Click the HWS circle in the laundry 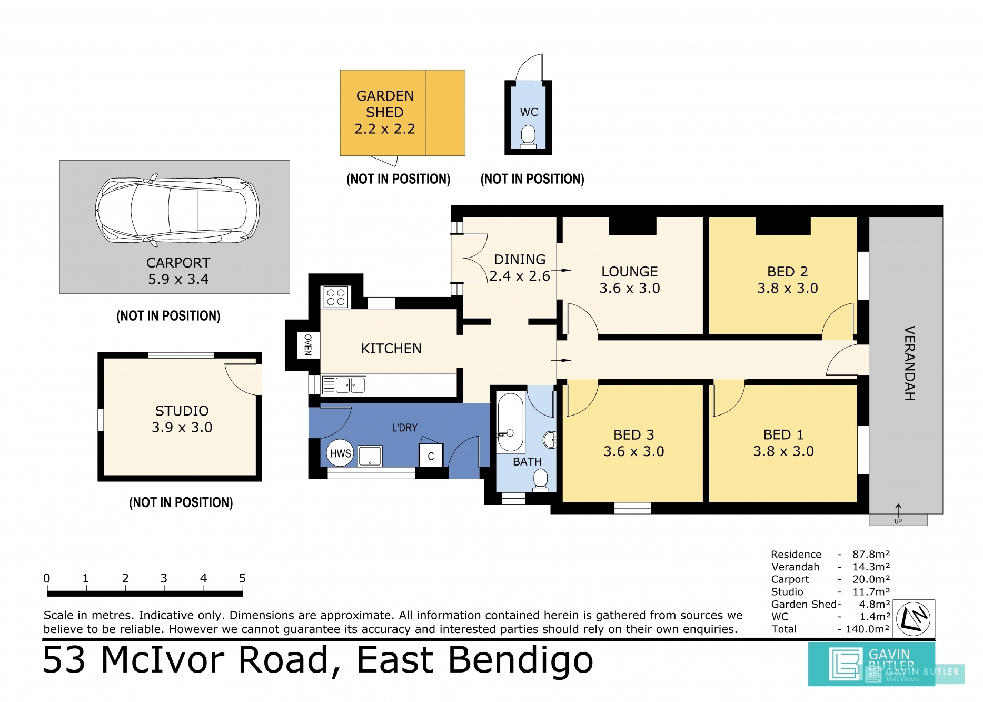click(340, 453)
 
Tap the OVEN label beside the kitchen click(308, 345)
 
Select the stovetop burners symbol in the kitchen click(335, 297)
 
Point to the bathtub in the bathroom click(511, 422)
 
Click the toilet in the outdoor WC click(528, 136)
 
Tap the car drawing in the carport click(177, 210)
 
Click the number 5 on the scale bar click(242, 578)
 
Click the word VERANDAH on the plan click(909, 363)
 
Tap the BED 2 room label click(787, 271)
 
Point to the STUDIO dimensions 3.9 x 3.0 click(182, 427)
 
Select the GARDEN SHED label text click(385, 104)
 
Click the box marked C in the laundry click(431, 456)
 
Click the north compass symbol click(914, 618)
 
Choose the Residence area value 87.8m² click(871, 554)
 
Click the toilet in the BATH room click(540, 480)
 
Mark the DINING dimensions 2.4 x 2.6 click(519, 276)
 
